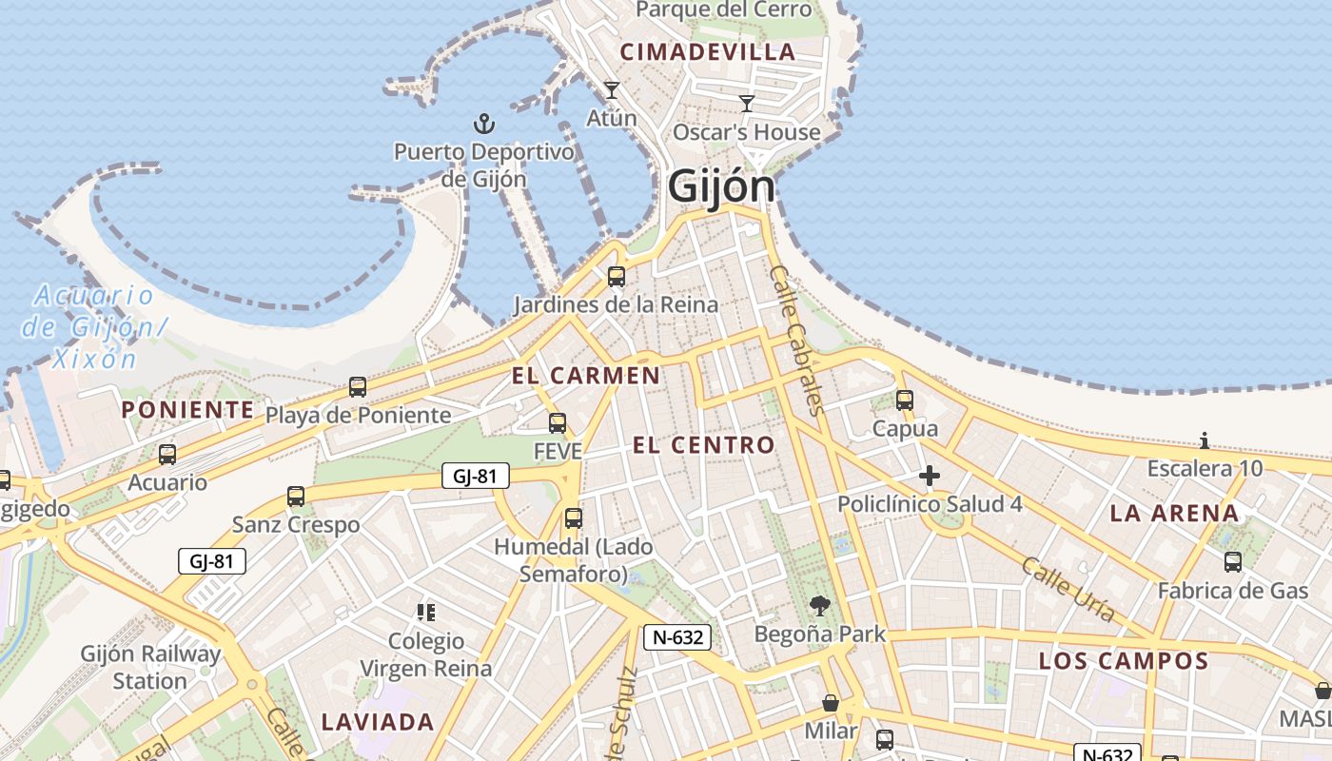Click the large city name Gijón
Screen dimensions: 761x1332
tap(721, 186)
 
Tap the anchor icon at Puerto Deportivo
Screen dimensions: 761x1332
tap(484, 124)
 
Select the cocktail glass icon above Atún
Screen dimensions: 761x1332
tap(612, 90)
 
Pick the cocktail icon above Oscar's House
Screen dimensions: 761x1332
tap(747, 103)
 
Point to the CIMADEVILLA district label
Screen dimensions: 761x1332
tap(707, 52)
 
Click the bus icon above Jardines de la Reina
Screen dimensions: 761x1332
tap(617, 277)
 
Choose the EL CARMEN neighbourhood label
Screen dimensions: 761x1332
tap(586, 376)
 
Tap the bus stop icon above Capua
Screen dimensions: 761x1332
tap(905, 400)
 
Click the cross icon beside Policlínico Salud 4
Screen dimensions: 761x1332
tap(930, 476)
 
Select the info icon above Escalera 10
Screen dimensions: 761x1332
tap(1205, 440)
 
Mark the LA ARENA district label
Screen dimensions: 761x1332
tap(1174, 514)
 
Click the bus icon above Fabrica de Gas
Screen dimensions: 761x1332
tap(1233, 562)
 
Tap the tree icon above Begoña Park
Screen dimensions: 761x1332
tap(819, 605)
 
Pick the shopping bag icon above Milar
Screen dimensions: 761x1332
tap(831, 704)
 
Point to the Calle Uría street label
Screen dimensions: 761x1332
tap(1068, 590)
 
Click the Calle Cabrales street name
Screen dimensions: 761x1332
tap(794, 340)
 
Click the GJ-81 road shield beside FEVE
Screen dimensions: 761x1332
tap(476, 476)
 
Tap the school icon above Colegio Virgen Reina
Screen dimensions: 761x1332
tap(426, 613)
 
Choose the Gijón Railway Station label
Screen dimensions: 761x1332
tap(150, 667)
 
